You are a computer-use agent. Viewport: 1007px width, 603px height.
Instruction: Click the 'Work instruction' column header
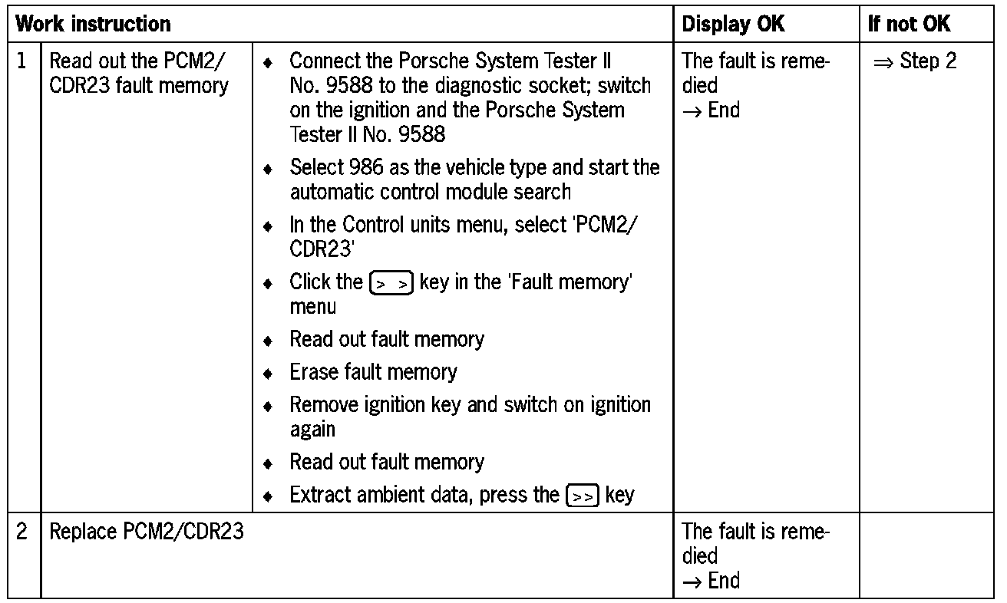(94, 24)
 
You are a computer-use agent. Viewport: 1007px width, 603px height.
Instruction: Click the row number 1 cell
(23, 61)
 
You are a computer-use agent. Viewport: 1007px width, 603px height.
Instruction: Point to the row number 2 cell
(23, 531)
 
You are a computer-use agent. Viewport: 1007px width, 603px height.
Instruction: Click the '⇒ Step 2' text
(915, 61)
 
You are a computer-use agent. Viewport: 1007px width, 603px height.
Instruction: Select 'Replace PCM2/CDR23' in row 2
(147, 531)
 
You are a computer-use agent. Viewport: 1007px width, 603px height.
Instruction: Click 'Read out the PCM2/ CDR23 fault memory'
(139, 73)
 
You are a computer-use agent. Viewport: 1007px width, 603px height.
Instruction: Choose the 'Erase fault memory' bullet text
(373, 373)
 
